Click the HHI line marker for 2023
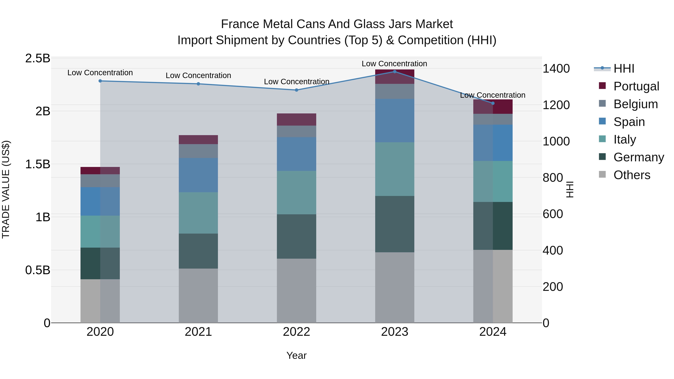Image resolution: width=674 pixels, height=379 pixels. tap(394, 72)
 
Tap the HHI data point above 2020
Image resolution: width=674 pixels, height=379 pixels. tap(100, 81)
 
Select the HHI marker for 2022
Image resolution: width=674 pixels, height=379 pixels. tap(296, 90)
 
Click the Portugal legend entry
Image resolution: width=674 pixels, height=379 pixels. tap(636, 86)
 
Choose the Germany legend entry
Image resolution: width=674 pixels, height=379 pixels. tap(638, 157)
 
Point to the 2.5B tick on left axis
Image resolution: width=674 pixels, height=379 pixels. tap(38, 58)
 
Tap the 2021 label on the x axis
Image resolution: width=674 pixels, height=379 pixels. tap(198, 332)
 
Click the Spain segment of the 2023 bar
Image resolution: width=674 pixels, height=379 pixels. tap(394, 121)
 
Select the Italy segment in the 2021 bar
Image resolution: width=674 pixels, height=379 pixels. tap(198, 213)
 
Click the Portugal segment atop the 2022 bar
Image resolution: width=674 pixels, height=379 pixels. tap(296, 120)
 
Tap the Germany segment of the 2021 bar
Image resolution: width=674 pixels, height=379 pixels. tap(198, 251)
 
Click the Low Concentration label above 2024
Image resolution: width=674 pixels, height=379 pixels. tap(492, 95)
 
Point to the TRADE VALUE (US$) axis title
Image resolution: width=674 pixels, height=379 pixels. tap(6, 190)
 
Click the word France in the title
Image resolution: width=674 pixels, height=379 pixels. tap(240, 24)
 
